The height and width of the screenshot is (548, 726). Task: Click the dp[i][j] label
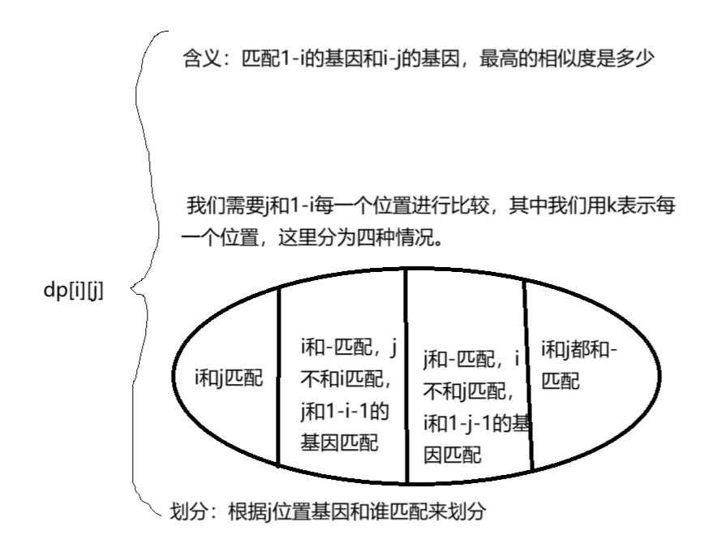[74, 291]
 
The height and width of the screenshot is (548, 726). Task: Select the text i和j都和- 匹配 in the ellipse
[579, 365]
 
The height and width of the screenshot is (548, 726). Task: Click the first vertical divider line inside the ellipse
[278, 378]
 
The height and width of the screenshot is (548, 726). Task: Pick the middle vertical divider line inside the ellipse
[406, 378]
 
